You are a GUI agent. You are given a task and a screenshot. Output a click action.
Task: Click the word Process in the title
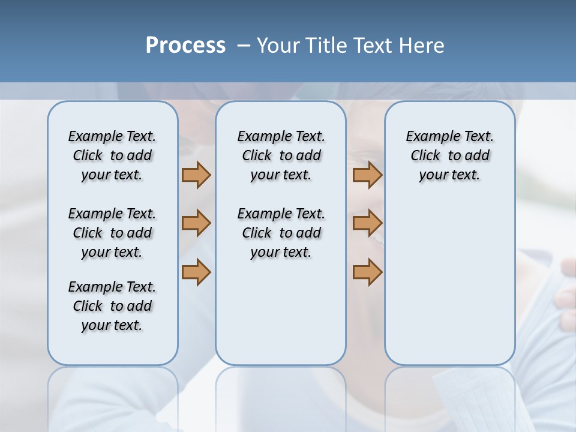(185, 46)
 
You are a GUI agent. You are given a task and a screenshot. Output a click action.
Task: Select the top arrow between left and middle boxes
(196, 175)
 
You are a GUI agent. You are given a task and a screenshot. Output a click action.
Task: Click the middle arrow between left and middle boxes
(196, 223)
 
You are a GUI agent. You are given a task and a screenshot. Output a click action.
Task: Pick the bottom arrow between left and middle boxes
(196, 272)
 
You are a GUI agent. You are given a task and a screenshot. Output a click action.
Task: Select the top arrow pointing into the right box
(367, 175)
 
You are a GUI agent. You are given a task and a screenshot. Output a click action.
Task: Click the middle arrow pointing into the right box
(367, 223)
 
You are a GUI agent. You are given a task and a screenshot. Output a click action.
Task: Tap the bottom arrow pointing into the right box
(367, 272)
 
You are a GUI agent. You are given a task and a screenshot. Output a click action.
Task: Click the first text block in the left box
(112, 155)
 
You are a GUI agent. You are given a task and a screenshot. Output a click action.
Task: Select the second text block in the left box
(112, 233)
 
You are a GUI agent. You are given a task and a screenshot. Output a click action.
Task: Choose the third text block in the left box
(112, 306)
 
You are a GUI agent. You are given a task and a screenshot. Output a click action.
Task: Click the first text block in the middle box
(281, 155)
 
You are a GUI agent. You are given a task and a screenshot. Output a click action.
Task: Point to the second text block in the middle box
(281, 233)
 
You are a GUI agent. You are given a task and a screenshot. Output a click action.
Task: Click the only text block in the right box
(450, 155)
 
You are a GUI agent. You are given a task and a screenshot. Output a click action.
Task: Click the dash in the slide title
(244, 46)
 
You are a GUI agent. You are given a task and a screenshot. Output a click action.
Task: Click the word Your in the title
(278, 46)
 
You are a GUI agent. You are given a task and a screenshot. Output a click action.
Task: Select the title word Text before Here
(373, 46)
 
